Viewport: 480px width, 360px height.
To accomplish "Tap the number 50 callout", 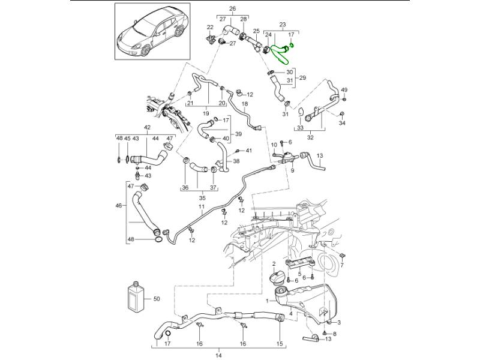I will [x=157, y=298].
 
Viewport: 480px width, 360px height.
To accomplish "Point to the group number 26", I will [x=233, y=8].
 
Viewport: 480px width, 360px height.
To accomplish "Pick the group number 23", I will [x=283, y=25].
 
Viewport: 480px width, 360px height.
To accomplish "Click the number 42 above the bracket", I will [x=147, y=127].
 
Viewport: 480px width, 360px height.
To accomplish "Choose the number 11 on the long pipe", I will [x=202, y=207].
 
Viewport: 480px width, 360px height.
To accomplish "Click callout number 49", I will [x=344, y=90].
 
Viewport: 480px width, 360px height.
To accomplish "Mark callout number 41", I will [x=249, y=150].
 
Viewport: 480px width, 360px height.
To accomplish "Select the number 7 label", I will [x=342, y=264].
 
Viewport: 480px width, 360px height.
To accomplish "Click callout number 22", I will [x=210, y=27].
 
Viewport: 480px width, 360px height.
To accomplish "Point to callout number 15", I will [x=279, y=344].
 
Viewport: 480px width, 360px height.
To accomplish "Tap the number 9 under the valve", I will [x=293, y=170].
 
